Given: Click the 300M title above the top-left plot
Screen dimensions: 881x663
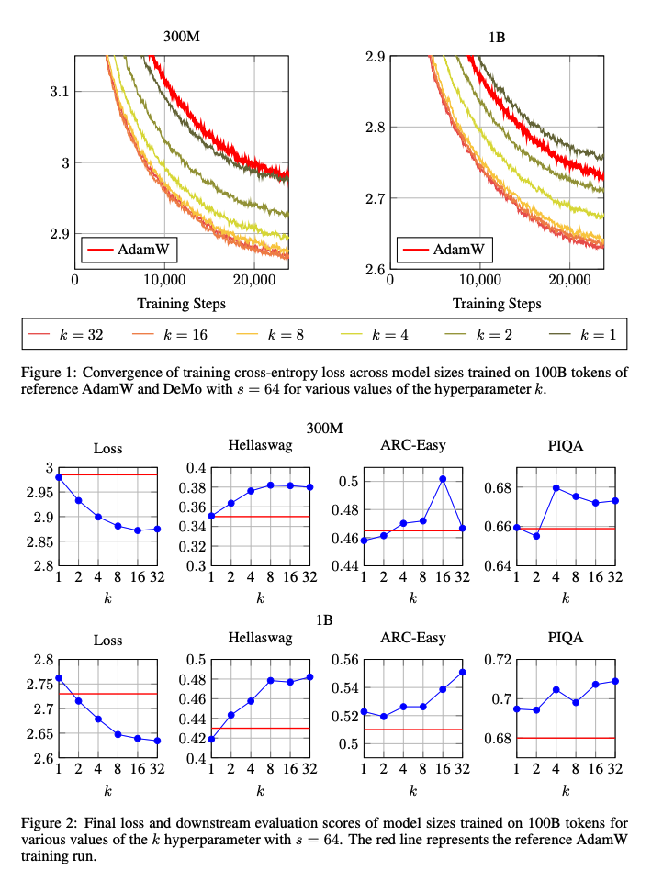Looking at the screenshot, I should [x=182, y=39].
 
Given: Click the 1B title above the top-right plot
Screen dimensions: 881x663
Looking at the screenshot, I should [x=497, y=39].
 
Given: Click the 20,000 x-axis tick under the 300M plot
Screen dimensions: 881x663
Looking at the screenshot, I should [x=253, y=280].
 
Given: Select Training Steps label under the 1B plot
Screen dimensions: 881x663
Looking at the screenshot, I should [x=497, y=303].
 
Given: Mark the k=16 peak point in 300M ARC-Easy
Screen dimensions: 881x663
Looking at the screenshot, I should [x=443, y=478].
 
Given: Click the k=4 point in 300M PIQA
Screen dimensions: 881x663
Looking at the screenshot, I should [x=556, y=487].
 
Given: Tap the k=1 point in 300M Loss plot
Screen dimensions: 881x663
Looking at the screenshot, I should [x=59, y=477].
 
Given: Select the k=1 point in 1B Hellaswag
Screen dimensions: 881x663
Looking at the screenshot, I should [x=211, y=739].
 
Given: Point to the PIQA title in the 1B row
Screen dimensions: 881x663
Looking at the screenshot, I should [x=566, y=639].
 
